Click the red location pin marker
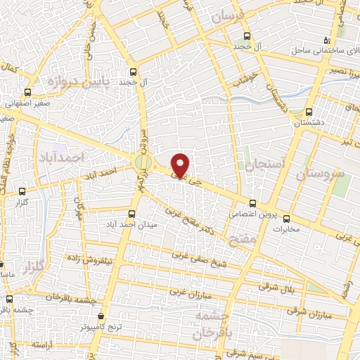(x=181, y=165)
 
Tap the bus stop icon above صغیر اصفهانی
(x=28, y=92)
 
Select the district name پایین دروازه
(x=72, y=82)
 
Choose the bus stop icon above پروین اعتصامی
(x=252, y=202)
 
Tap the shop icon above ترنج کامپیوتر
(x=103, y=316)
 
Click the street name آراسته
(x=43, y=347)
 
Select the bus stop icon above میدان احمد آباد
(x=131, y=214)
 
